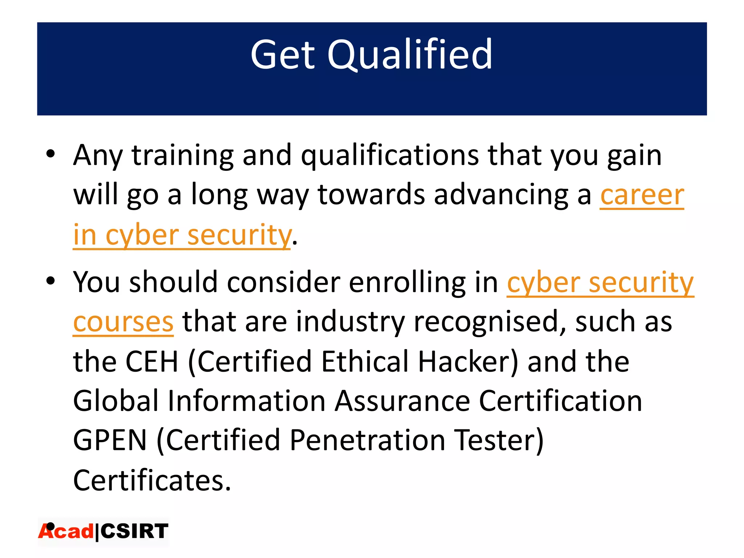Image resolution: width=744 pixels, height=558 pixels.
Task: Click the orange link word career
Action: (x=642, y=195)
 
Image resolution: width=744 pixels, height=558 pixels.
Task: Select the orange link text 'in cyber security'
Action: (x=182, y=235)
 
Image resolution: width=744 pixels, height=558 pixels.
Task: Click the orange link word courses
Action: (x=123, y=322)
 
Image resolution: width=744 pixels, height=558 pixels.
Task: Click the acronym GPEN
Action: (x=110, y=440)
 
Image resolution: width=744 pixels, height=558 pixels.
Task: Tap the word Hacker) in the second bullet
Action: (x=468, y=361)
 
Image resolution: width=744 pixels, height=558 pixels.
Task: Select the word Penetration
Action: (x=367, y=440)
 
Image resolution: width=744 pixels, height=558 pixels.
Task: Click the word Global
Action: (x=116, y=401)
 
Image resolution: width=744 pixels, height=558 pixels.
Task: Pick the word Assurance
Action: (x=403, y=401)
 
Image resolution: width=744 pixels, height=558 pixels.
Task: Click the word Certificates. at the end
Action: (x=152, y=480)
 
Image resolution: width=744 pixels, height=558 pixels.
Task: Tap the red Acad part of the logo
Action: (x=66, y=531)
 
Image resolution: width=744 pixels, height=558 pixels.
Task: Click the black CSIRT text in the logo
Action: (x=134, y=531)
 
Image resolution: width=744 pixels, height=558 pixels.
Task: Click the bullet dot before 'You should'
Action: (x=50, y=280)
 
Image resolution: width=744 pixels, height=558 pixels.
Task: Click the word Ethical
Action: (x=365, y=361)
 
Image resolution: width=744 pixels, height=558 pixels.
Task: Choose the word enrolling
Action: (x=407, y=282)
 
